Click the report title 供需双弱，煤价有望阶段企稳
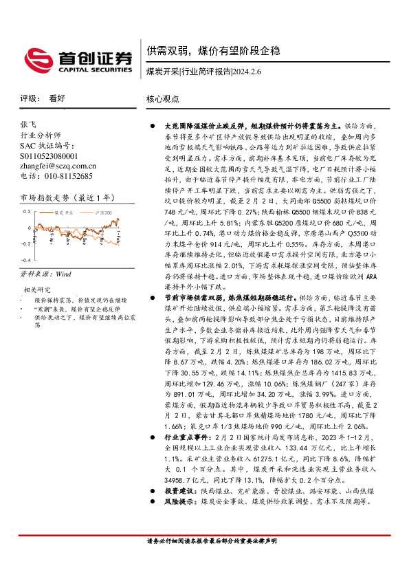click(213, 52)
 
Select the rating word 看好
click(57, 98)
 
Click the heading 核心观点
click(163, 99)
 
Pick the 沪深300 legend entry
click(103, 213)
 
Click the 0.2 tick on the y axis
click(28, 212)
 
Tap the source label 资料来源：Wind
click(45, 274)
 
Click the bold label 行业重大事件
click(181, 437)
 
